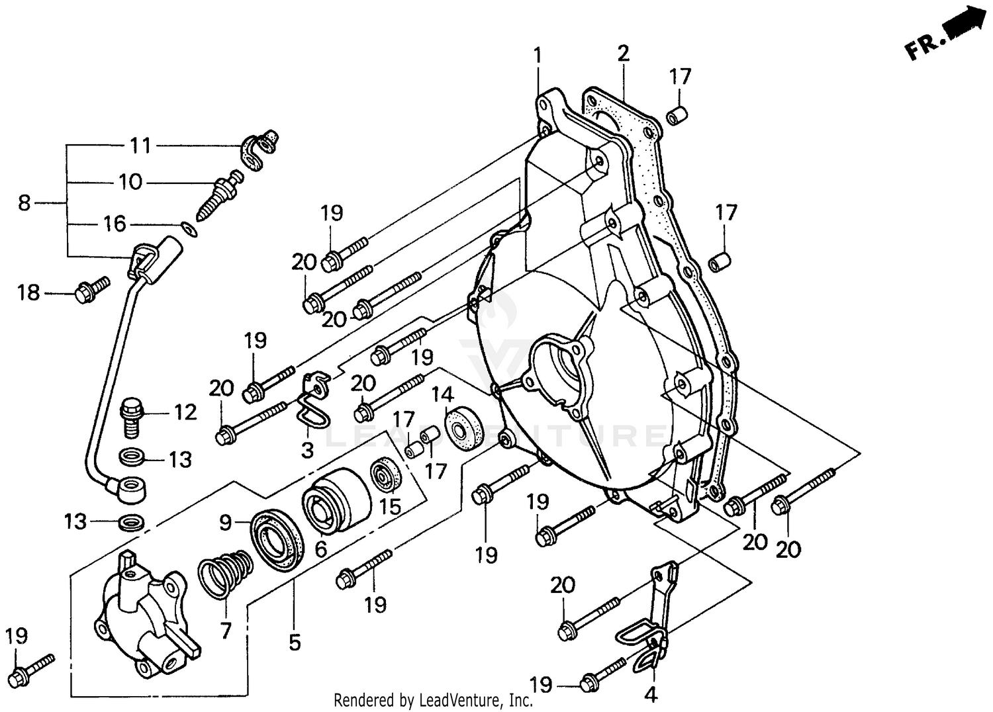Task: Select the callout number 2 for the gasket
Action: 623,54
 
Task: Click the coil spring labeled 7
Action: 226,574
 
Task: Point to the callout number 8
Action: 24,202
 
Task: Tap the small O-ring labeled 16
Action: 188,229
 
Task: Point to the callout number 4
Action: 651,694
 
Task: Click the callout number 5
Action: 295,642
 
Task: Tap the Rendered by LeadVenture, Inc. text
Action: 433,700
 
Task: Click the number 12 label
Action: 185,413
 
